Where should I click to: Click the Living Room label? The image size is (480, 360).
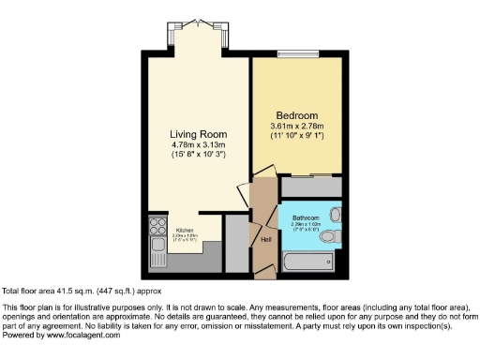pyautogui.click(x=200, y=133)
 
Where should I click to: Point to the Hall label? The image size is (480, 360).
pyautogui.click(x=266, y=238)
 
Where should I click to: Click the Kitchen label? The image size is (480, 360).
pyautogui.click(x=186, y=230)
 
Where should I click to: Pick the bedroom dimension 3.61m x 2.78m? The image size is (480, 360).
pyautogui.click(x=296, y=126)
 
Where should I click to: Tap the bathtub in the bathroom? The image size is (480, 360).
pyautogui.click(x=310, y=262)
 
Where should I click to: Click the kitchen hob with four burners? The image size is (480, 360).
pyautogui.click(x=155, y=226)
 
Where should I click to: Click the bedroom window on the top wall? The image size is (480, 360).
pyautogui.click(x=305, y=53)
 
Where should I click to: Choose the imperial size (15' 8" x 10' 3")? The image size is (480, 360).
pyautogui.click(x=200, y=154)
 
